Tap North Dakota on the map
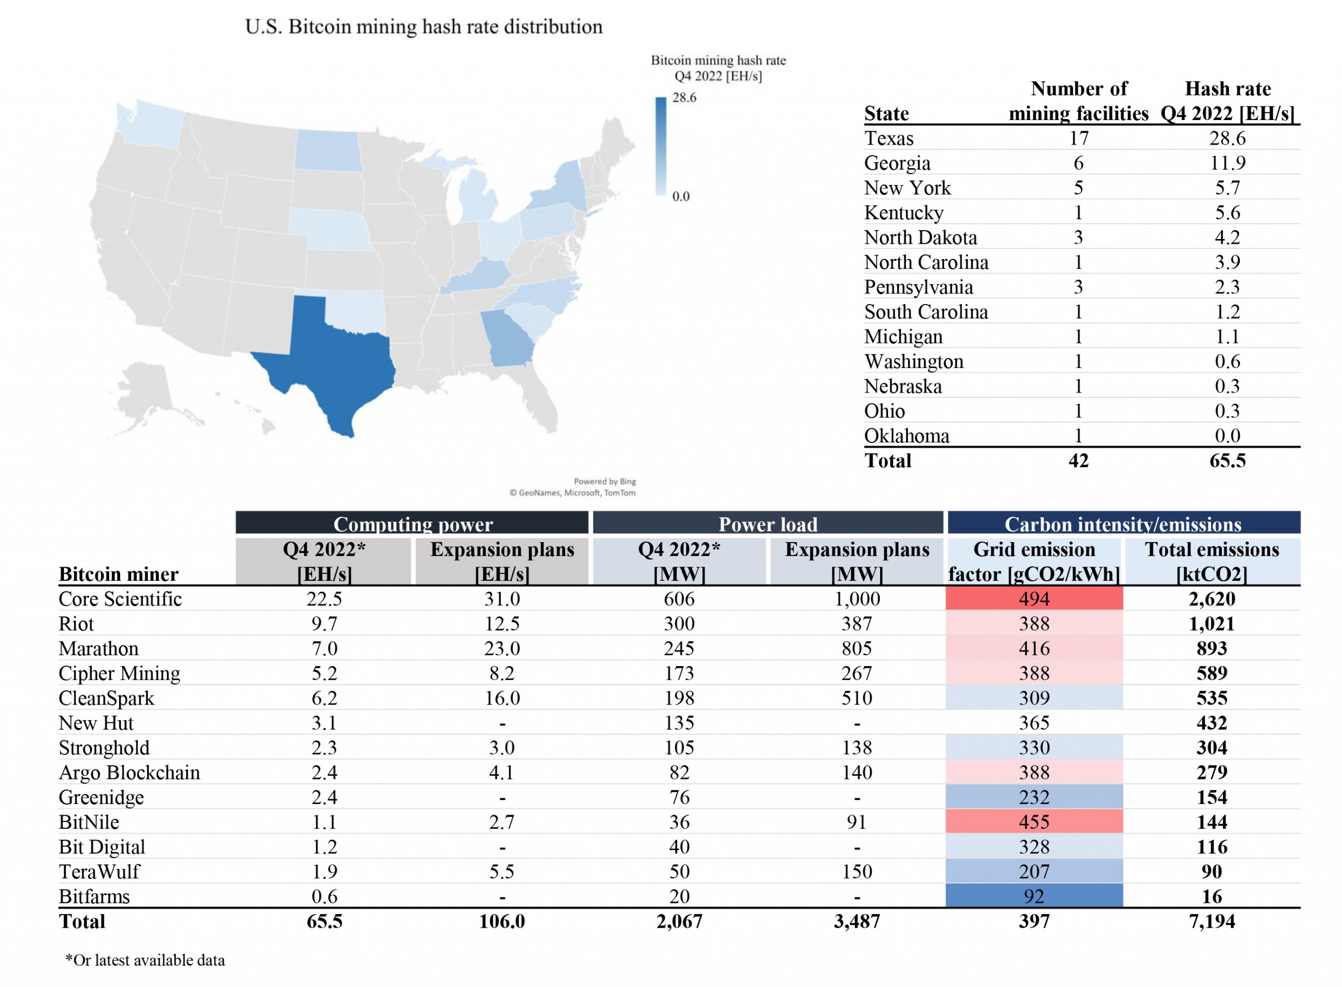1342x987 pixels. (x=328, y=150)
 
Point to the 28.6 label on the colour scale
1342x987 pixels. (x=684, y=97)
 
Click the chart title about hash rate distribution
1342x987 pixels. (x=424, y=27)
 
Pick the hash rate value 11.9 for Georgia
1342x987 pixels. (x=1227, y=163)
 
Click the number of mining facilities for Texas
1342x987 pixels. (x=1078, y=138)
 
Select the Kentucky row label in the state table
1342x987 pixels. (x=903, y=213)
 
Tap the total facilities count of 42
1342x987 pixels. (x=1078, y=461)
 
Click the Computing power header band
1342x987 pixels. (x=412, y=523)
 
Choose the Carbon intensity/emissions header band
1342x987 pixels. (x=1123, y=523)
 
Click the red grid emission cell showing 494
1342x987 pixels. (x=1034, y=599)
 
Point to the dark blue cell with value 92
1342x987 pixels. (x=1034, y=896)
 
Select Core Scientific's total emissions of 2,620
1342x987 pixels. (x=1211, y=599)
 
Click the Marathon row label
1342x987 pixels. (x=99, y=649)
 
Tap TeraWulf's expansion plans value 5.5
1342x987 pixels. (x=502, y=872)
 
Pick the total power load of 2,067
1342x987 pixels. (x=679, y=921)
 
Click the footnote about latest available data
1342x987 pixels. (x=145, y=960)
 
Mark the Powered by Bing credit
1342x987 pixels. (x=604, y=482)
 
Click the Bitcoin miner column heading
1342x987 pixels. (x=118, y=574)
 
